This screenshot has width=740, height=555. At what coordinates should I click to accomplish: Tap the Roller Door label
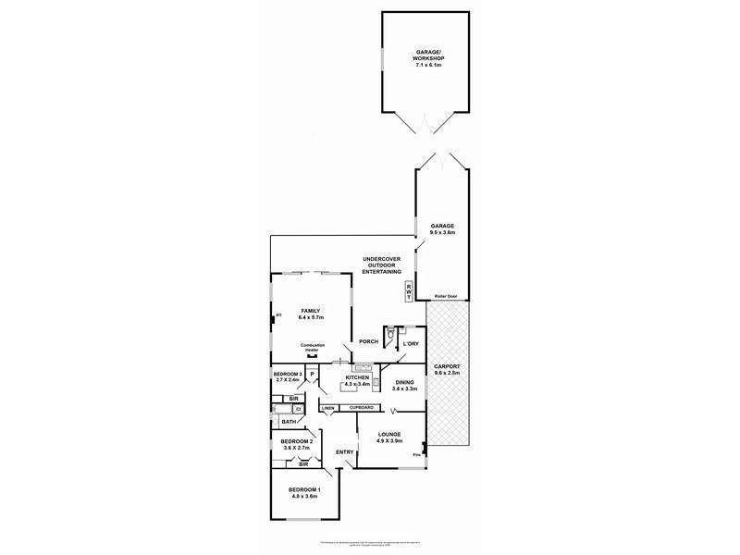(447, 297)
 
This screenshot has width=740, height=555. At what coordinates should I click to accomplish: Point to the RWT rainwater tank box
(409, 291)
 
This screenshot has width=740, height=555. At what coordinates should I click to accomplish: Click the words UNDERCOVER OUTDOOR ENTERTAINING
(382, 265)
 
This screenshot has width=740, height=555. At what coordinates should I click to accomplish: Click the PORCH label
(370, 340)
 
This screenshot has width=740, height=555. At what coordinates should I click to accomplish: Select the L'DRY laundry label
(411, 344)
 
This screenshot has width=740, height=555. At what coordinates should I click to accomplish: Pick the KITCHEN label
(357, 377)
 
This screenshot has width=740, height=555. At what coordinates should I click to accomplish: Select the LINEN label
(327, 408)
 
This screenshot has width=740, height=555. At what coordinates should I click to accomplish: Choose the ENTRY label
(344, 452)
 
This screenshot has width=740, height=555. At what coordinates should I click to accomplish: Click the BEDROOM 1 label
(304, 489)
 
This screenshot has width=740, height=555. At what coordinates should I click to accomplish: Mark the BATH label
(289, 422)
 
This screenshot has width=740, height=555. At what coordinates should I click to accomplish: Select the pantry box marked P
(313, 375)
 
